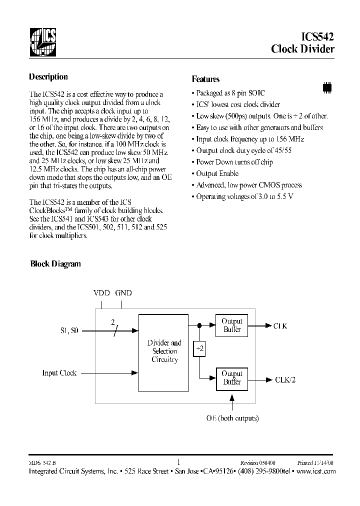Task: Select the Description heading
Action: coord(48,77)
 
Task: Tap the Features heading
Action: coord(205,79)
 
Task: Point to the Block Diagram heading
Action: coord(55,264)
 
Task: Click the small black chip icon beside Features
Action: coord(327,86)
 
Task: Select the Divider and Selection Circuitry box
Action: coord(164,351)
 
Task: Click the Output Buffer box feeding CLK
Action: coord(231,325)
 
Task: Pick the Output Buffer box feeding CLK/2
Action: coord(231,378)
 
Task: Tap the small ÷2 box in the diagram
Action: coord(199,349)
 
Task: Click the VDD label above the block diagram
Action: coord(101,293)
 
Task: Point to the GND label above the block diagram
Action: coord(123,293)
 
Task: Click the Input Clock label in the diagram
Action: coord(59,373)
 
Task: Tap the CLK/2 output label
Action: coord(285,379)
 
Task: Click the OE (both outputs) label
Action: coord(232,418)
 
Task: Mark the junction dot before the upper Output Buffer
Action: coord(199,325)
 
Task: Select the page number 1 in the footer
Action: coord(178,462)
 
